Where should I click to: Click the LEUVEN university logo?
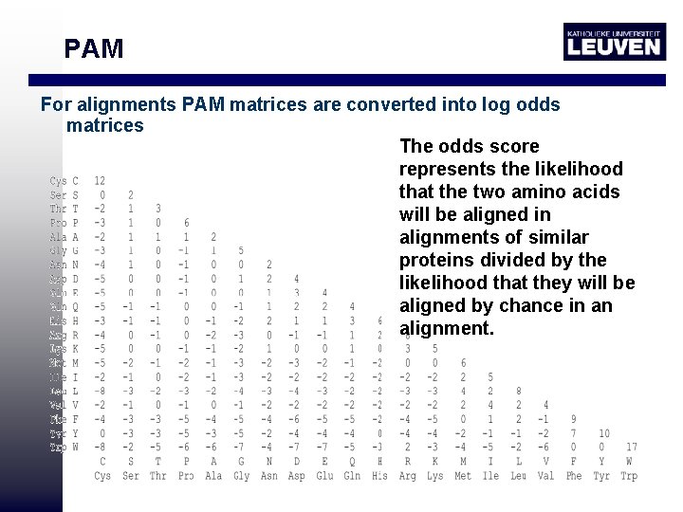pyautogui.click(x=613, y=42)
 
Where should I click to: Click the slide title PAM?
pyautogui.click(x=94, y=48)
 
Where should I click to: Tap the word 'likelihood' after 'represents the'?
pyautogui.click(x=578, y=169)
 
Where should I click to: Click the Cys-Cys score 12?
pyautogui.click(x=100, y=180)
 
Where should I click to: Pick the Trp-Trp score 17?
pyautogui.click(x=631, y=447)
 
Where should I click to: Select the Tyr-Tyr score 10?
pyautogui.click(x=603, y=433)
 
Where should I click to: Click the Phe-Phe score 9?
pyautogui.click(x=574, y=419)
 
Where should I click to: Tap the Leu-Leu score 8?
pyautogui.click(x=519, y=391)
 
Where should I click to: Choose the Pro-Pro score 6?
pyautogui.click(x=186, y=223)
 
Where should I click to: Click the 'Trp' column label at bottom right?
pyautogui.click(x=629, y=476)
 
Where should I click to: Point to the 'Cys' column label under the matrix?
pyautogui.click(x=102, y=476)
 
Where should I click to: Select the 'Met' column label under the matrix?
pyautogui.click(x=463, y=476)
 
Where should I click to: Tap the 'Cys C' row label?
pyautogui.click(x=65, y=180)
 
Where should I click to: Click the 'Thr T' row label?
pyautogui.click(x=65, y=209)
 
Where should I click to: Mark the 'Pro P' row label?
pyautogui.click(x=65, y=223)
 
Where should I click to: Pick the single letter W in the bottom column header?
pyautogui.click(x=629, y=462)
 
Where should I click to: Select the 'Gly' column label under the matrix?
pyautogui.click(x=241, y=476)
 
